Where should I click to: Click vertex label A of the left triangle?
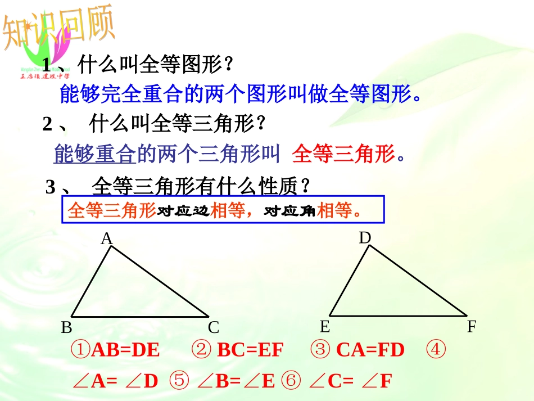point(107,240)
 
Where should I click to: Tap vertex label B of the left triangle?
point(66,328)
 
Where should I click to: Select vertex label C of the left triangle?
point(213,327)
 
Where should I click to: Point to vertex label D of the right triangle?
point(365,238)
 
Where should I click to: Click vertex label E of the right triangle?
point(324,327)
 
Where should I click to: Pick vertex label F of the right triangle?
point(472,327)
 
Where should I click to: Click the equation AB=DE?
point(125,350)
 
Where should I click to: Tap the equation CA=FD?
point(370,350)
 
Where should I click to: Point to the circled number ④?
point(436,350)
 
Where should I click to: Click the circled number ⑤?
point(180,381)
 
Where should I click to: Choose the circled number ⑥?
point(291,381)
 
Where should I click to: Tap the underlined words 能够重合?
point(95,154)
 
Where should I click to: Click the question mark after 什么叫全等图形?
point(228,65)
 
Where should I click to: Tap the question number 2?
point(47,124)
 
